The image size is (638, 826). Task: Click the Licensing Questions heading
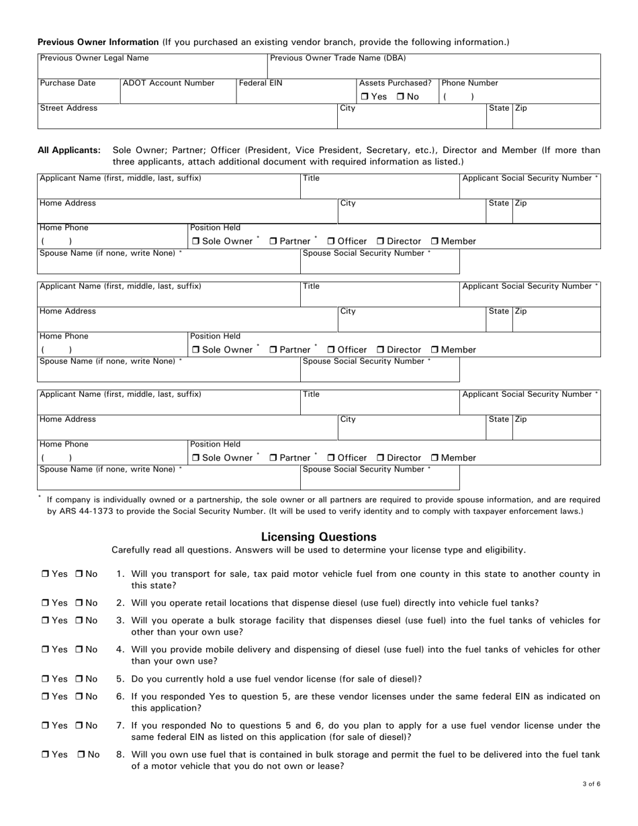318,537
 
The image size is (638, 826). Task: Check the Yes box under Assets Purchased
365,97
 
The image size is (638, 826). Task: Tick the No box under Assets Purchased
400,97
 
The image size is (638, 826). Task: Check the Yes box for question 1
46,574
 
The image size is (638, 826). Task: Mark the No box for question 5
79,679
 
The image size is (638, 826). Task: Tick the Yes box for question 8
46,755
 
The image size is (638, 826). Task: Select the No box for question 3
79,621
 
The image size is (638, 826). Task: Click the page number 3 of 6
591,784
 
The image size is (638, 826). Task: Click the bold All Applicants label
69,150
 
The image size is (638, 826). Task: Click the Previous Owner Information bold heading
98,42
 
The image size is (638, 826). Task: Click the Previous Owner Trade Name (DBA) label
338,58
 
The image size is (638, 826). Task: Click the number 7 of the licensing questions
120,726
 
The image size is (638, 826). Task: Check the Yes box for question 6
46,697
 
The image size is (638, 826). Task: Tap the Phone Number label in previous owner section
469,83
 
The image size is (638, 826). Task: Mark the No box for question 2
79,603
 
